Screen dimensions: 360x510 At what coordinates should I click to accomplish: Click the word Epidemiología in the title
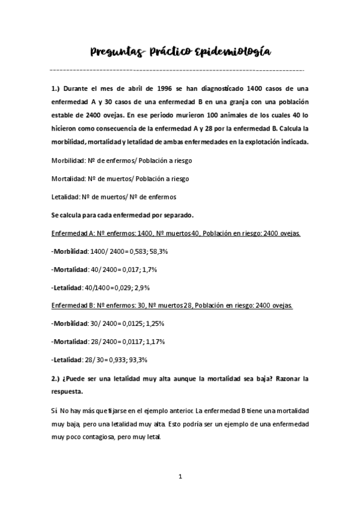coord(233,53)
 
